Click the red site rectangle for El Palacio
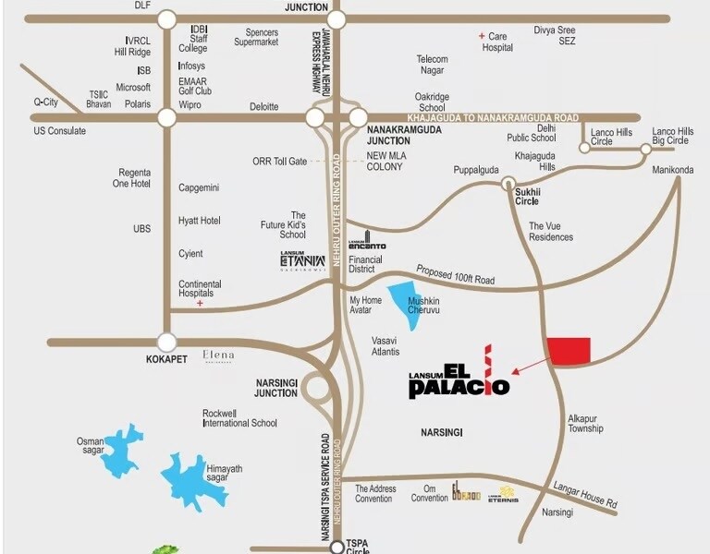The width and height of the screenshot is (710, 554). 569,351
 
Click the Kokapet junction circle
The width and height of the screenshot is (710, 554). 167,342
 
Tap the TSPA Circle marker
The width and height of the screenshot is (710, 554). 337,547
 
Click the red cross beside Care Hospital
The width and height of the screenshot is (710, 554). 481,36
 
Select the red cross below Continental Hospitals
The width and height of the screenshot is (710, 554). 200,303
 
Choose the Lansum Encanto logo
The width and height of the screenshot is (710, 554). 367,244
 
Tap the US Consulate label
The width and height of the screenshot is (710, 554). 60,131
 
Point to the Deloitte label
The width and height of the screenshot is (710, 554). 263,107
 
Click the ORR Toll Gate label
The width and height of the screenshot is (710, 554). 279,162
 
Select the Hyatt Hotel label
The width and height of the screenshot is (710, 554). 199,221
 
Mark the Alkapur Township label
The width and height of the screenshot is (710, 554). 585,423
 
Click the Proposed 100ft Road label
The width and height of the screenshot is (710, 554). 455,274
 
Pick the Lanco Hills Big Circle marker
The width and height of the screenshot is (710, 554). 645,149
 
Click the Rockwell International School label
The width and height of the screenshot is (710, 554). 239,417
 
